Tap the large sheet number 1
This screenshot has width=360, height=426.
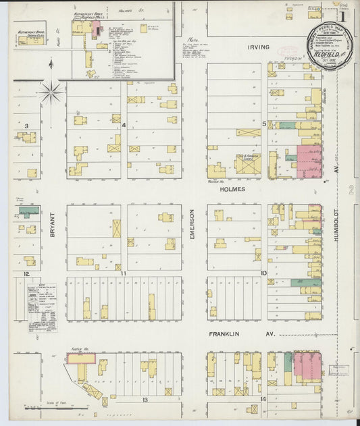(343, 16)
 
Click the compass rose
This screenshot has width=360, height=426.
(51, 91)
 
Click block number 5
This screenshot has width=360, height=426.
(264, 124)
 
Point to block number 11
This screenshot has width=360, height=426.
(124, 273)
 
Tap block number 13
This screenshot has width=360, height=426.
(145, 400)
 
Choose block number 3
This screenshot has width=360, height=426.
(26, 126)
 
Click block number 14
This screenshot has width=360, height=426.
(263, 400)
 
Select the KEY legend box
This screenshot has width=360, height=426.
(42, 308)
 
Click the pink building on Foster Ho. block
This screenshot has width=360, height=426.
(80, 358)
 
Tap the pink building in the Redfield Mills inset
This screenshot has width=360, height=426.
(97, 28)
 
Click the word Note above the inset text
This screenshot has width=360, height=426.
(193, 38)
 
